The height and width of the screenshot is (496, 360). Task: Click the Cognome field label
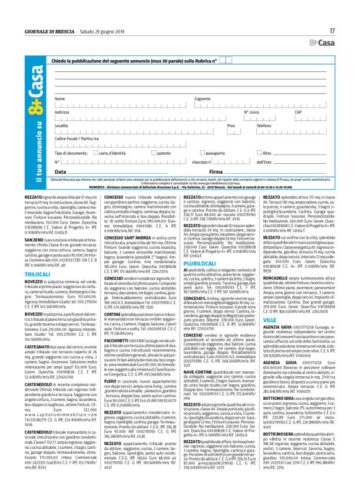point(202,99)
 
